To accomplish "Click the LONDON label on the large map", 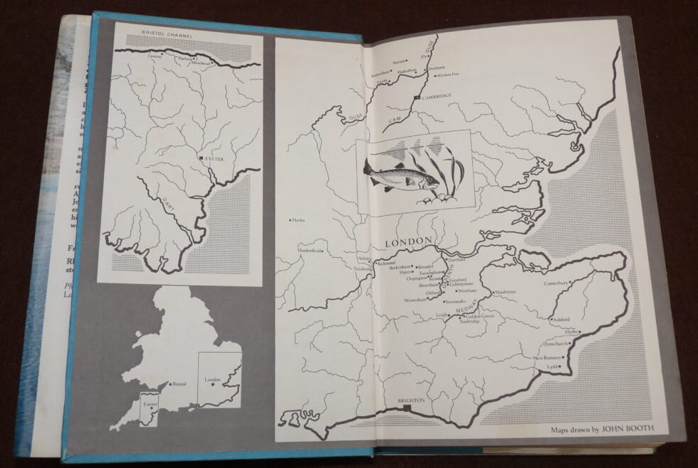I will point(409,243).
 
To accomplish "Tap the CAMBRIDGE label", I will point(437,98).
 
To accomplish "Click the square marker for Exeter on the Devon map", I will point(201,158).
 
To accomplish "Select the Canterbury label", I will point(556,283).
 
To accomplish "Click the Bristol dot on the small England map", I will point(170,384).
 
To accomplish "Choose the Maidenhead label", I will point(311,250).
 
